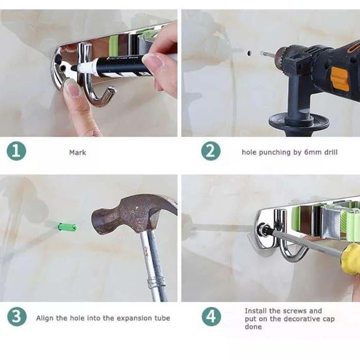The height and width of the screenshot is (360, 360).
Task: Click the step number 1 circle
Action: point(16,151)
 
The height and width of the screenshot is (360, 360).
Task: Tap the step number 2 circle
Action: point(211,151)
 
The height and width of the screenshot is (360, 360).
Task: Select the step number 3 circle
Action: point(17,316)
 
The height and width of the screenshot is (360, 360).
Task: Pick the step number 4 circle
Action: point(211,316)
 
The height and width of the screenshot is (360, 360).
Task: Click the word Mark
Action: point(78,152)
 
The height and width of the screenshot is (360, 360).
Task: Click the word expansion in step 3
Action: point(134,318)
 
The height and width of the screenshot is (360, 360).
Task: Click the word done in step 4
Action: point(253,327)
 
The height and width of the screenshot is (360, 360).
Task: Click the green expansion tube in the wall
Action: point(67,227)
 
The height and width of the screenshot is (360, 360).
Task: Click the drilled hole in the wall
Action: point(249,53)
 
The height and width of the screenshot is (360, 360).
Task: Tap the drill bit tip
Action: point(262,53)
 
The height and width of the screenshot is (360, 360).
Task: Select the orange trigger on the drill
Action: point(340,79)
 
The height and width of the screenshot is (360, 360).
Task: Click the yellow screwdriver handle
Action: point(350,259)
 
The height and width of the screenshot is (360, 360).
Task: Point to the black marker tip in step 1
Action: point(74,68)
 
